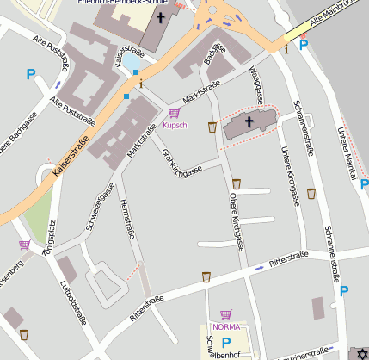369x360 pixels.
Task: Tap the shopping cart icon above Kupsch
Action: click(x=175, y=113)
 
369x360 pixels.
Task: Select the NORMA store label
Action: click(x=225, y=326)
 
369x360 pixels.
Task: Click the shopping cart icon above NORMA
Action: click(x=225, y=314)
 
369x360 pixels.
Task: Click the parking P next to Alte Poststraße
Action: click(x=32, y=75)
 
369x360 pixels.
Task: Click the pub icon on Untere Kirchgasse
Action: click(x=311, y=194)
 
